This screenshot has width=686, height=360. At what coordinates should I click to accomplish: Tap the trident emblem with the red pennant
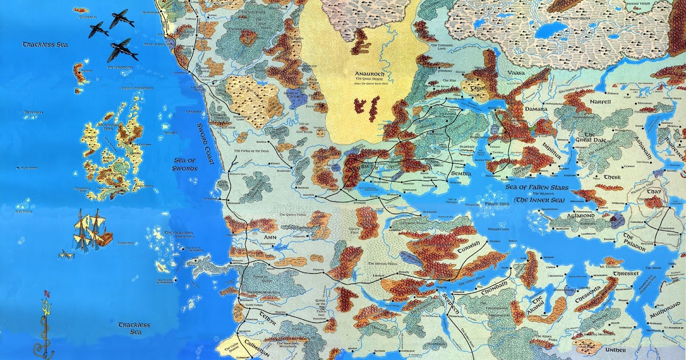45,326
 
